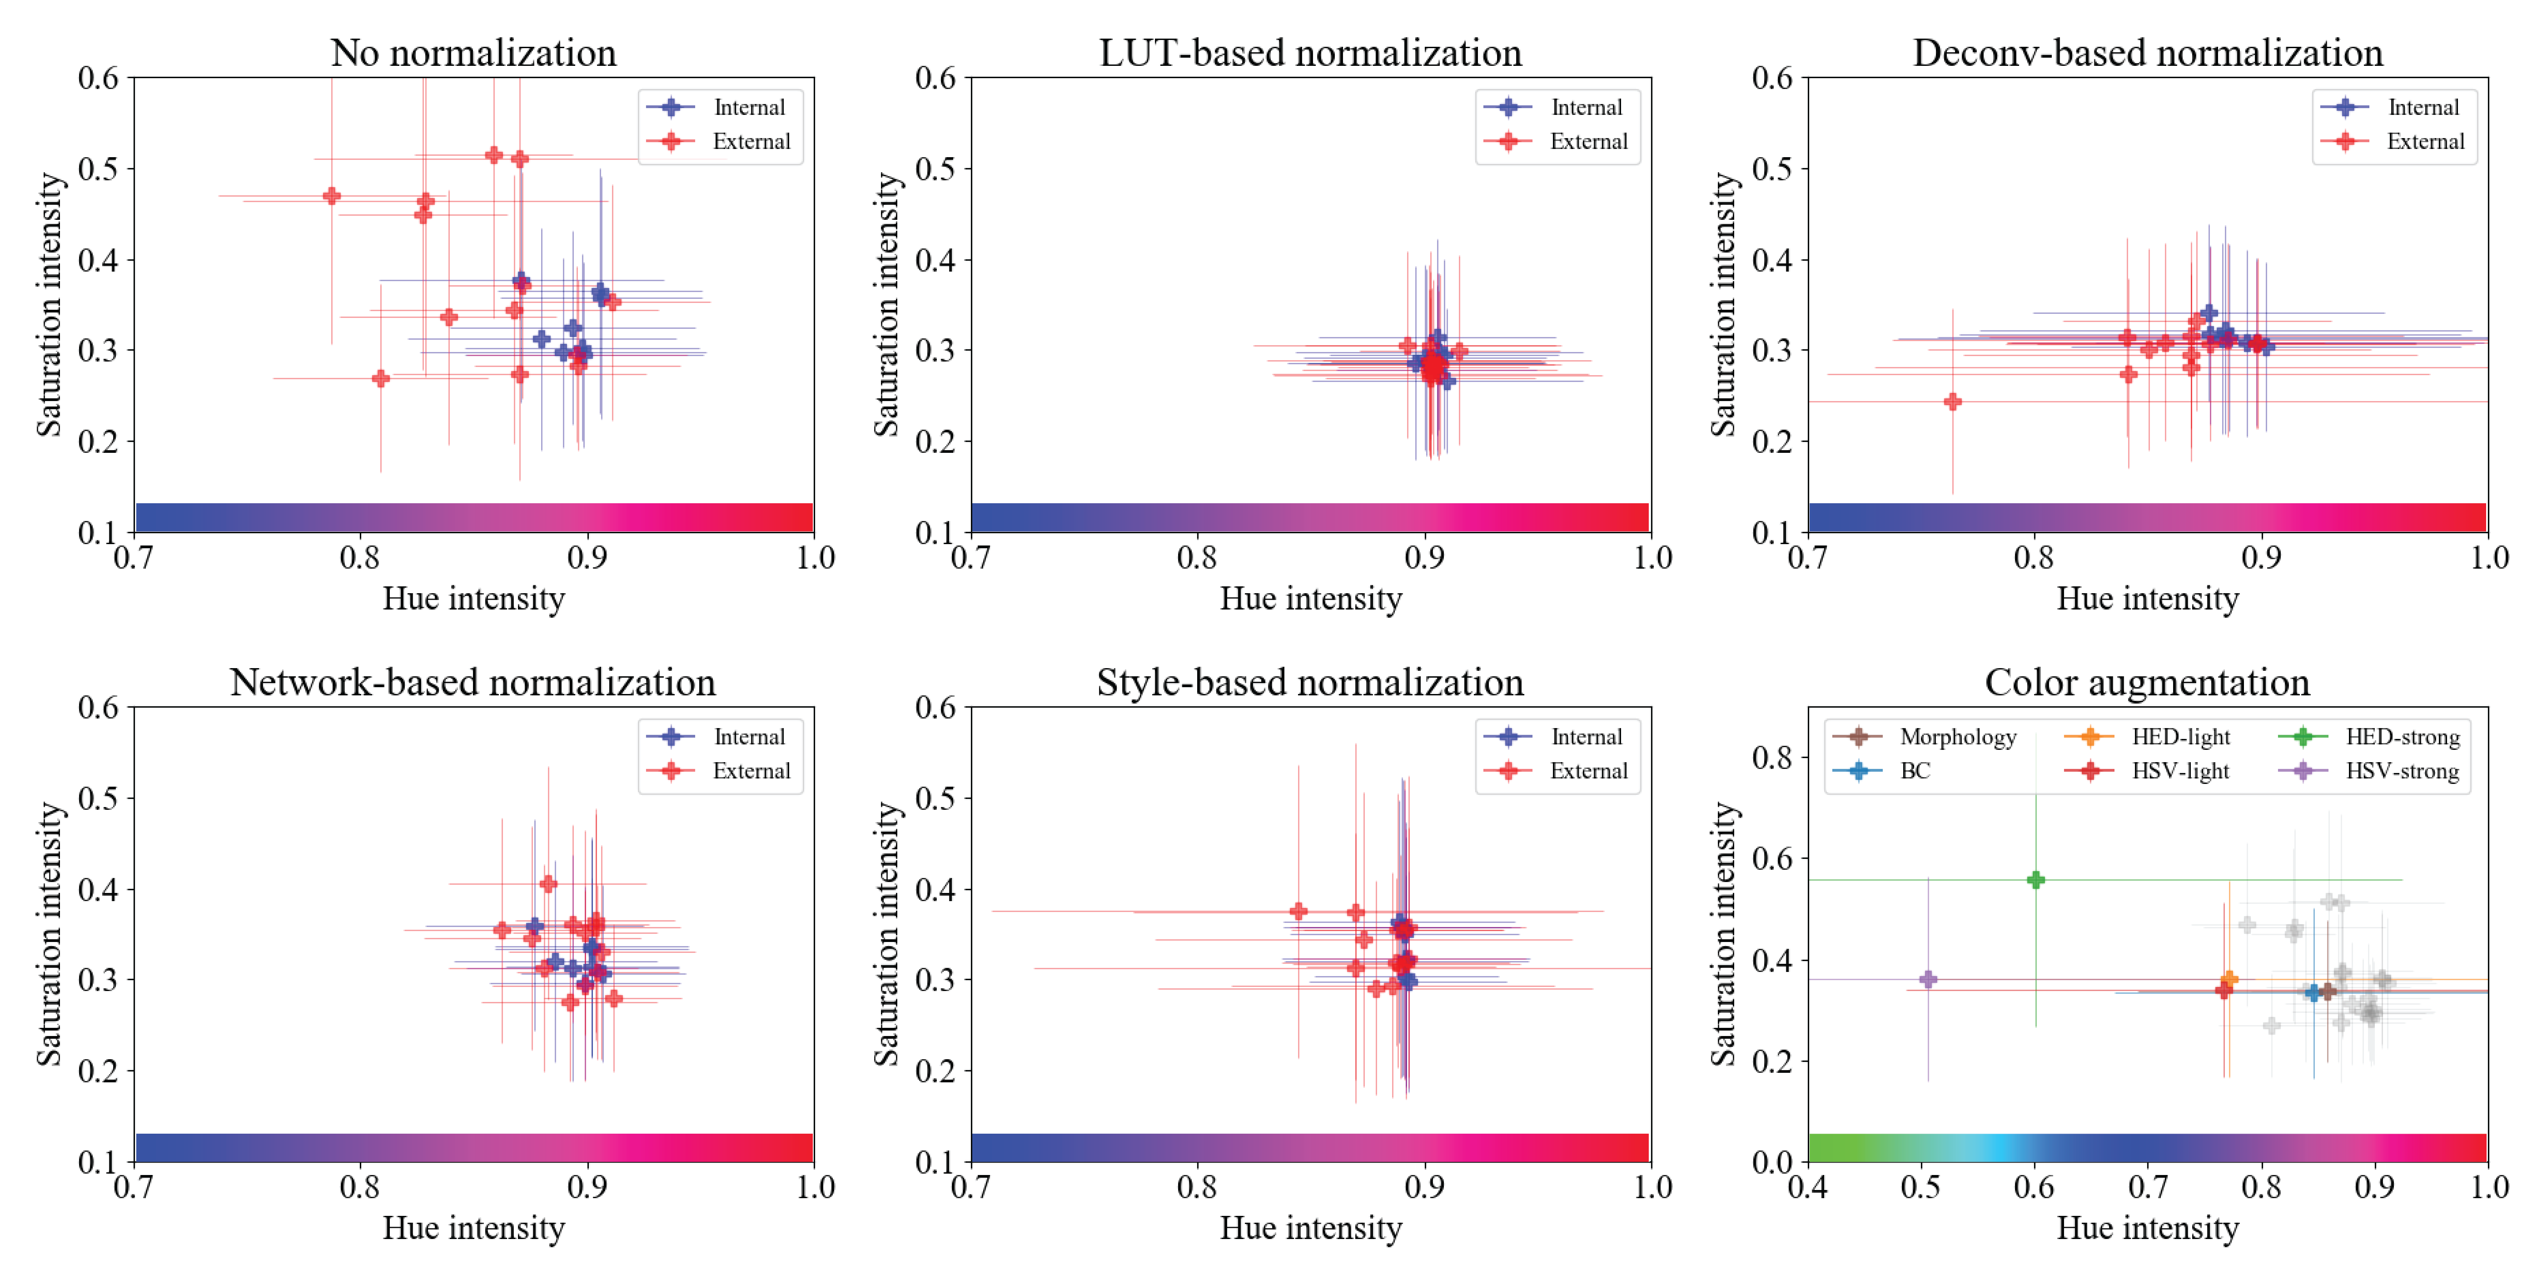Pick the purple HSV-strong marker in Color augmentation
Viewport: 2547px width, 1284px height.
tap(1927, 980)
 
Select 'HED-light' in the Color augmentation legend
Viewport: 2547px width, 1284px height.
tap(2180, 738)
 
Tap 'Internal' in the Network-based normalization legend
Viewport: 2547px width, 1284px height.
tap(748, 738)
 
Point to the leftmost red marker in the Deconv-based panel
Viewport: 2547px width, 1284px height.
tap(1952, 402)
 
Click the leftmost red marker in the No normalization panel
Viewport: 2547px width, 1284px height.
tap(332, 196)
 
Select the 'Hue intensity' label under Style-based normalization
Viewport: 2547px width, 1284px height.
tap(1310, 1229)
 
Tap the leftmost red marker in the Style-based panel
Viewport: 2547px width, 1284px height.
tap(1298, 912)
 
